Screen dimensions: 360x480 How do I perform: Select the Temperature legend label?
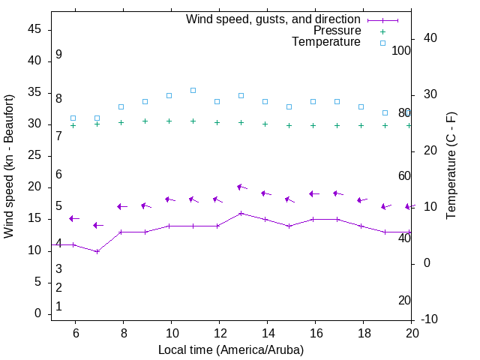click(326, 42)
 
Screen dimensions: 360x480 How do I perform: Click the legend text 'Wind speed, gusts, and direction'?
click(274, 19)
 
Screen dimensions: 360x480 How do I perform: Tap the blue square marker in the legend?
click(382, 43)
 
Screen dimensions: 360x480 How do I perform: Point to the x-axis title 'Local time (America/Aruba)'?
click(231, 349)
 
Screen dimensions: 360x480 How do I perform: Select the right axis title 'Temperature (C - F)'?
click(451, 166)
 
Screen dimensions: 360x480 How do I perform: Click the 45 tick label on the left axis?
click(34, 29)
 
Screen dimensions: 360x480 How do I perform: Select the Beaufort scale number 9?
click(58, 55)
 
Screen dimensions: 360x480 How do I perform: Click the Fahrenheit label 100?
click(402, 50)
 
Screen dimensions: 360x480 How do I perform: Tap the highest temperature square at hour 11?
click(193, 90)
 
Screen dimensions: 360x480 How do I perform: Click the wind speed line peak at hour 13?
click(241, 213)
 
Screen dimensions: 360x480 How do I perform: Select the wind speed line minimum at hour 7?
click(97, 251)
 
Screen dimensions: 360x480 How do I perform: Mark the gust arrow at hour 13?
click(241, 187)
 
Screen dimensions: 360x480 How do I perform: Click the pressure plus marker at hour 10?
click(169, 121)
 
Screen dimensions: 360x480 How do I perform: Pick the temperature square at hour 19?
click(385, 112)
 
